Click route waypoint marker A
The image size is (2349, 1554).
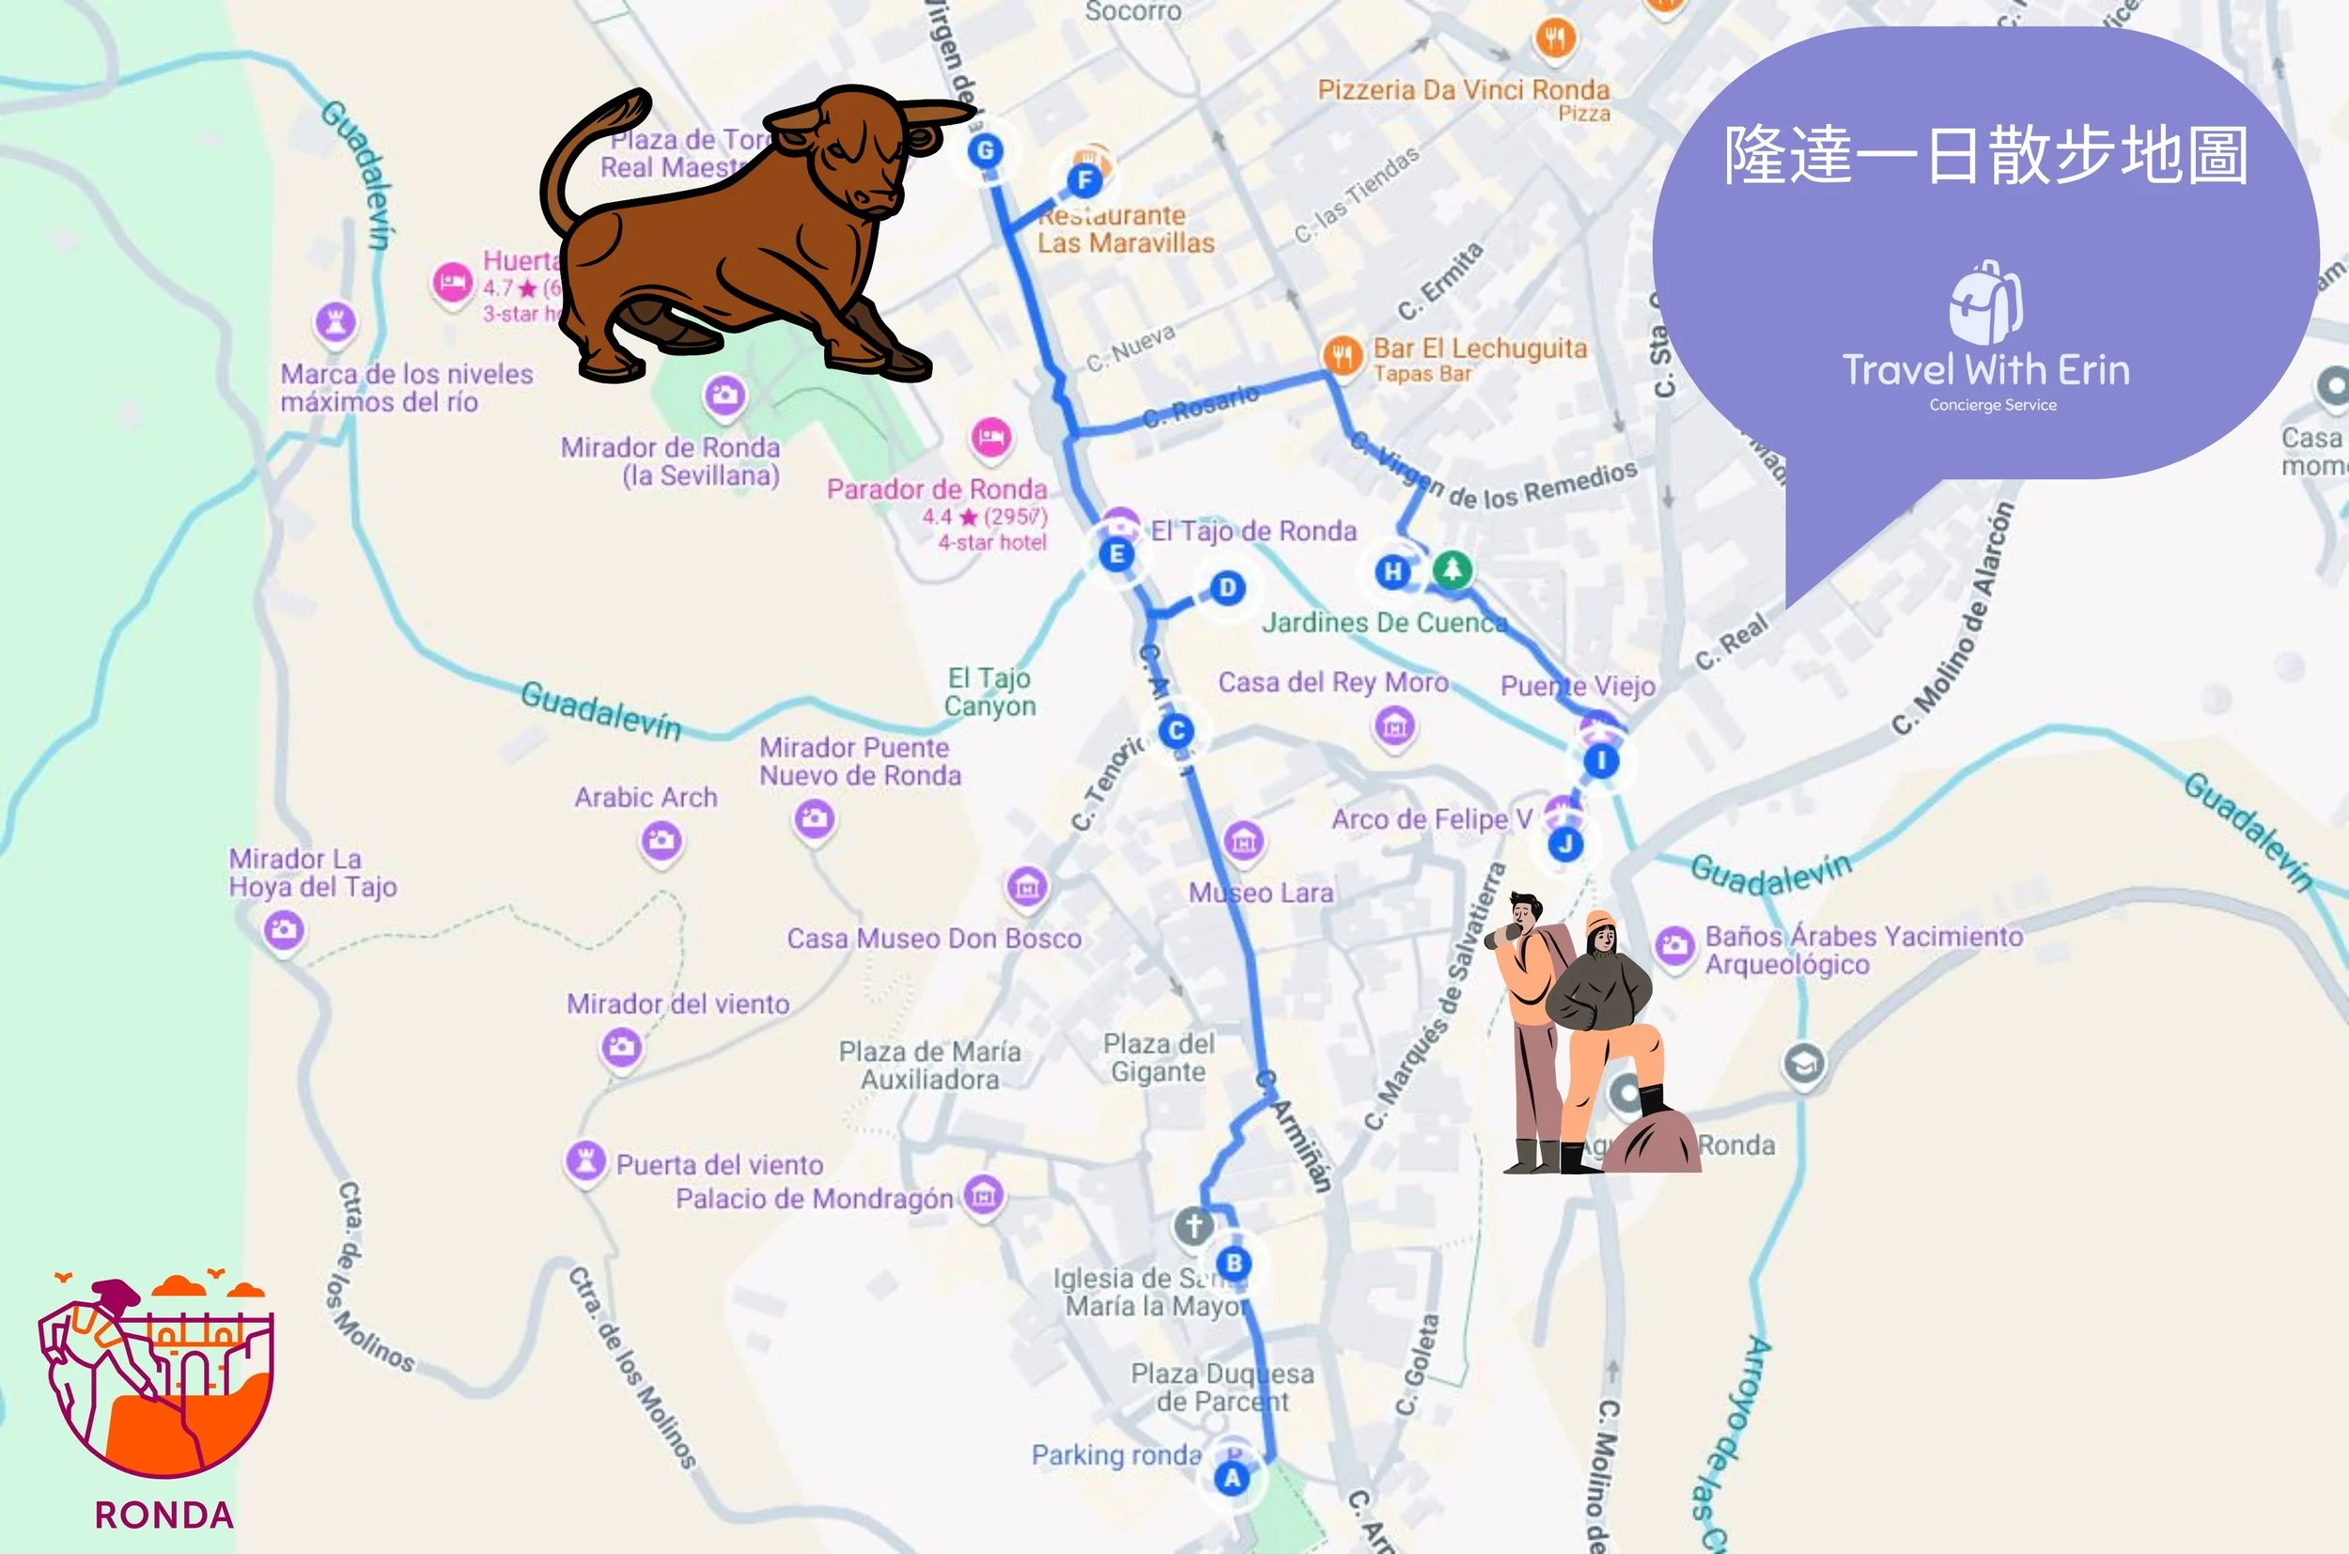[1232, 1479]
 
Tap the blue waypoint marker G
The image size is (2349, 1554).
[984, 150]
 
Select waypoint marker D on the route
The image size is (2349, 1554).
[1227, 588]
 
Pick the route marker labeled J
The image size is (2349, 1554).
[1565, 845]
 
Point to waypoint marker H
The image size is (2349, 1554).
[1392, 571]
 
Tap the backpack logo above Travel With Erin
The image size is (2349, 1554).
[1985, 302]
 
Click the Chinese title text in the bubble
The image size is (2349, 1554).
[1985, 156]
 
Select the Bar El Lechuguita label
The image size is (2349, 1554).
[1480, 349]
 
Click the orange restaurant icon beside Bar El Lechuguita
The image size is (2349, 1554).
[1342, 354]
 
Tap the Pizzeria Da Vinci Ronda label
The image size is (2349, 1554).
[1463, 90]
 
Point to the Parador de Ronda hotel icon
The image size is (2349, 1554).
[990, 437]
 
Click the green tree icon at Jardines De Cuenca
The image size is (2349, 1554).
[1452, 568]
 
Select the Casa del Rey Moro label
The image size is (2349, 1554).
[1333, 683]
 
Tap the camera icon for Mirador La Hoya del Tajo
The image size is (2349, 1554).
[284, 929]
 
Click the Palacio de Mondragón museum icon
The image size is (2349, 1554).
[983, 1195]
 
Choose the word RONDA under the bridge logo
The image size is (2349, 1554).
[164, 1515]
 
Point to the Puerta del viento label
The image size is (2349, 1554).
[720, 1164]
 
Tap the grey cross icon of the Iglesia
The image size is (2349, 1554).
[1193, 1226]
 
